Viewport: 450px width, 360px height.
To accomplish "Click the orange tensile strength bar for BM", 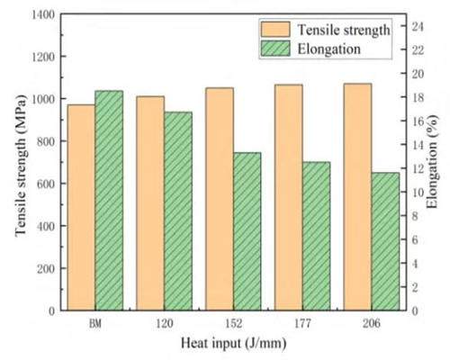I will [81, 207].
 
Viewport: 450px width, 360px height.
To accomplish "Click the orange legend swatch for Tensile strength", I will [279, 29].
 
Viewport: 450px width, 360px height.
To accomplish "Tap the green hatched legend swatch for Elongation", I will [279, 49].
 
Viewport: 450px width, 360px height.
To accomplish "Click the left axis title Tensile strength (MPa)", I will [19, 162].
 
